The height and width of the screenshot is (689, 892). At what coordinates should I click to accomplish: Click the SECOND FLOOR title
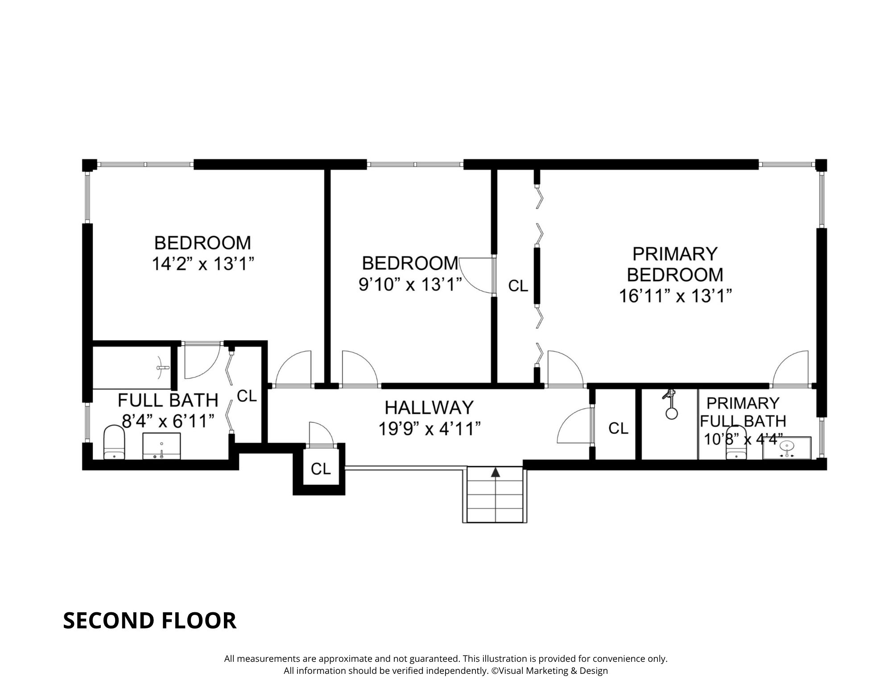[x=149, y=620]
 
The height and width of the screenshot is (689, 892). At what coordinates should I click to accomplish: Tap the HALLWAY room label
[x=429, y=407]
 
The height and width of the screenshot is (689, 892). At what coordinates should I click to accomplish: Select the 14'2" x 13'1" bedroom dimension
[x=203, y=264]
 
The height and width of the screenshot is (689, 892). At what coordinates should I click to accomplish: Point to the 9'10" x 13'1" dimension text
[x=409, y=284]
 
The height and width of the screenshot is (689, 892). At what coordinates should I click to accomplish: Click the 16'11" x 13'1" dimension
[x=675, y=295]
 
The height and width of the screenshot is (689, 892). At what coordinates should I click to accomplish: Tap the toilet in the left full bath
[x=114, y=442]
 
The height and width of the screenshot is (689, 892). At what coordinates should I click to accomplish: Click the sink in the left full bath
[x=161, y=446]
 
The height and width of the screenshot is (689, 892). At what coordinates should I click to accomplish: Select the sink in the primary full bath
[x=787, y=448]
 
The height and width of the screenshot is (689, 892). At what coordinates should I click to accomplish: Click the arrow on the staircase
[x=495, y=472]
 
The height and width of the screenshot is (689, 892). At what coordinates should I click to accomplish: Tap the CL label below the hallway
[x=321, y=469]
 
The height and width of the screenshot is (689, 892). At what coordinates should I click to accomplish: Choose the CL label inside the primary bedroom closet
[x=518, y=286]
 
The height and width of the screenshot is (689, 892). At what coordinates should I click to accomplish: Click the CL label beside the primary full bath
[x=618, y=429]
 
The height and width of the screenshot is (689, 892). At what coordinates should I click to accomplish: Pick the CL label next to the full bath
[x=247, y=396]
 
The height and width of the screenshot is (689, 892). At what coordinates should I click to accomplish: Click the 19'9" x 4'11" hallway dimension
[x=429, y=429]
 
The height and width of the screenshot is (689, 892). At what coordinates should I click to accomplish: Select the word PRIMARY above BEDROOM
[x=675, y=254]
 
